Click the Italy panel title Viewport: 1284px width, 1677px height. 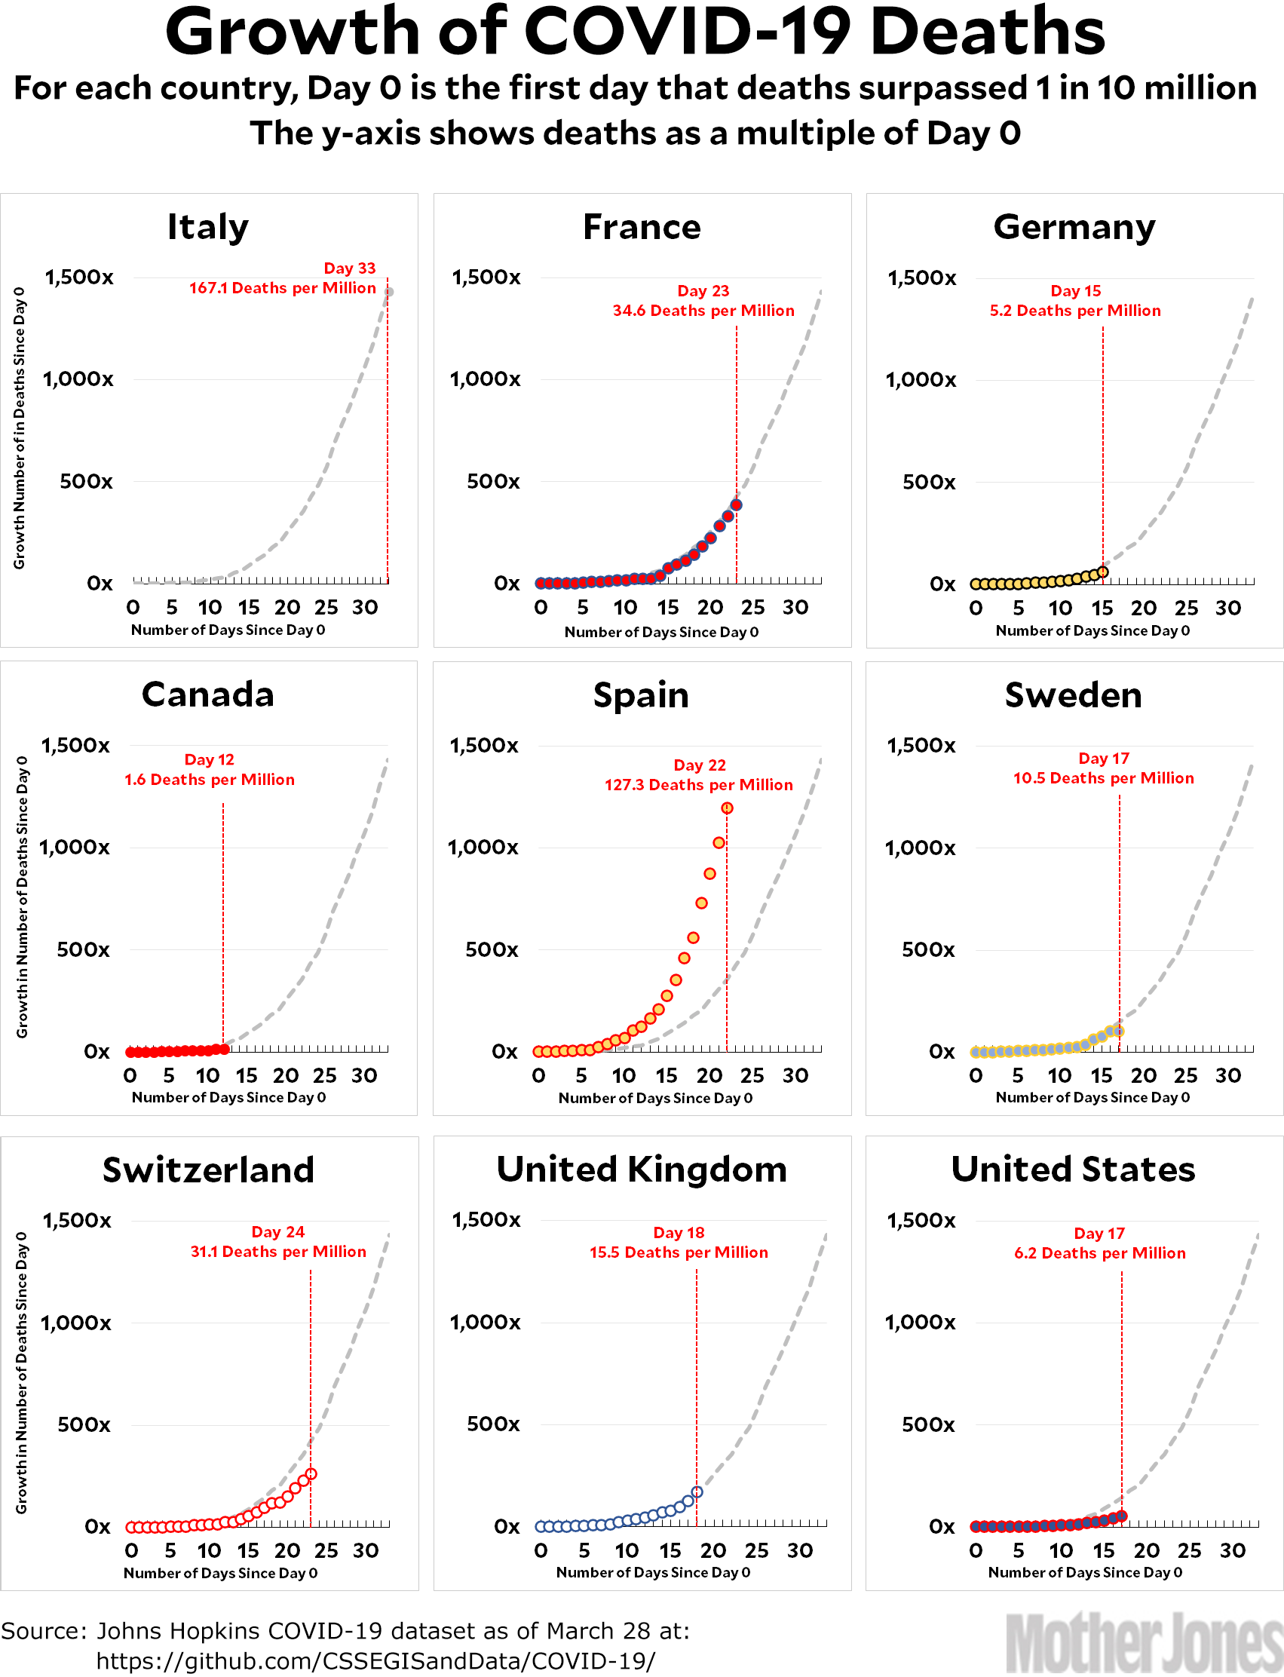(208, 227)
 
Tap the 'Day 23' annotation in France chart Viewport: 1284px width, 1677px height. (703, 290)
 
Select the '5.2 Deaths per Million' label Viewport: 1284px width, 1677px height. (1074, 311)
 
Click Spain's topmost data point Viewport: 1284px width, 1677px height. (727, 808)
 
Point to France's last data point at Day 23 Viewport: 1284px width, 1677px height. (737, 504)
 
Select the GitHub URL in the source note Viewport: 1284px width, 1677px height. (375, 1660)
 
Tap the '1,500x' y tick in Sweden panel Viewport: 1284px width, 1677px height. (921, 745)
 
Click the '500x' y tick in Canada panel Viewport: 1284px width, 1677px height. (83, 949)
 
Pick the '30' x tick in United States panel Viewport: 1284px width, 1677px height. (1233, 1550)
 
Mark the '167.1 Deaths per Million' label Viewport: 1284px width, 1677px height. (283, 288)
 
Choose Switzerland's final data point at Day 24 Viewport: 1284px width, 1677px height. (311, 1473)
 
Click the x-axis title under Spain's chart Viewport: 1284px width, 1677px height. (656, 1098)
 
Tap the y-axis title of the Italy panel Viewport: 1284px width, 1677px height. (20, 428)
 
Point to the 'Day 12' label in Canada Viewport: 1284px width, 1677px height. (210, 759)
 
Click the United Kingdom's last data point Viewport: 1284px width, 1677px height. (697, 1492)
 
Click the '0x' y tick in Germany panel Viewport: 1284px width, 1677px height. (942, 584)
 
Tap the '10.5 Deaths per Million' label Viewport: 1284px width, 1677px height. (1103, 778)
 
